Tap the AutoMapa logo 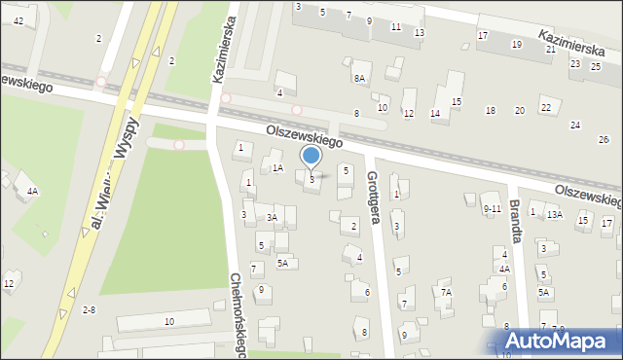click(558, 341)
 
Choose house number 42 click(18, 20)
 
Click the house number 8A click(359, 78)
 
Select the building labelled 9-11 click(492, 208)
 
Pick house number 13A click(554, 214)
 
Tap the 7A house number click(446, 291)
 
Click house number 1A click(277, 168)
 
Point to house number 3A click(273, 218)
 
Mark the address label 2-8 click(89, 309)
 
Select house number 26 click(604, 140)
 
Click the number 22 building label click(546, 107)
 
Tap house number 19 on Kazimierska click(516, 45)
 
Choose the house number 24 click(575, 125)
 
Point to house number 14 click(435, 114)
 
